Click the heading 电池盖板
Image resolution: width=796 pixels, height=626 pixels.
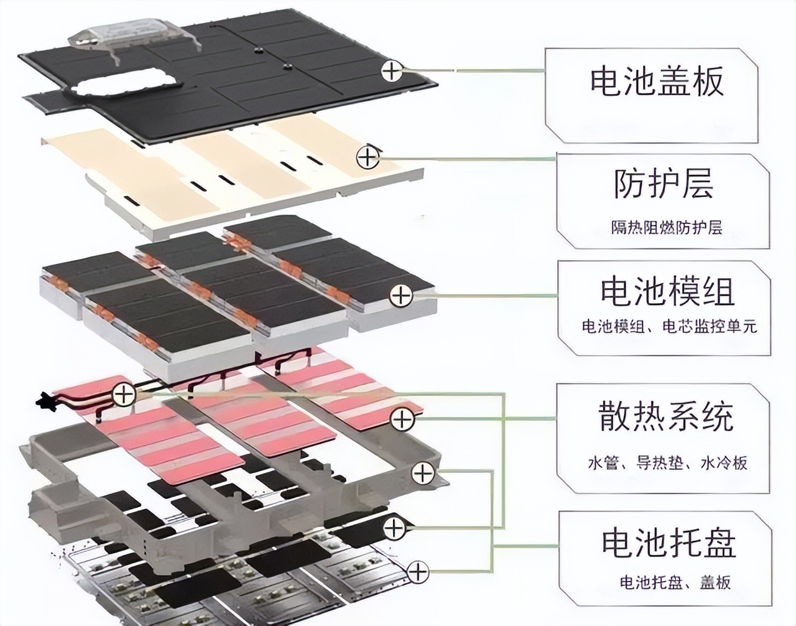point(657,82)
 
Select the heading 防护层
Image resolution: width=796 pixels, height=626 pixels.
point(663,184)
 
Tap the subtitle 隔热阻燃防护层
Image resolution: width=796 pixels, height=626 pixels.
point(666,227)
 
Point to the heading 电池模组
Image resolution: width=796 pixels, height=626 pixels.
point(667,292)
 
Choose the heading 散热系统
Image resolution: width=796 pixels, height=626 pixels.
point(666,416)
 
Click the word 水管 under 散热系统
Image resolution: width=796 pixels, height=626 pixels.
point(600,463)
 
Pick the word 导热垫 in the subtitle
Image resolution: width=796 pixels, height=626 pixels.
point(659,463)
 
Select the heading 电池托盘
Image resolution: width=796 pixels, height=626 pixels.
point(669,542)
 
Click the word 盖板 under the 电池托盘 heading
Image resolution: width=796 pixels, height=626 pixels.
point(715,582)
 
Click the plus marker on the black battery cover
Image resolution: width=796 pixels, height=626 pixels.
point(392,70)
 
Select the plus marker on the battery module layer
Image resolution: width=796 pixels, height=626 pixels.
point(401,295)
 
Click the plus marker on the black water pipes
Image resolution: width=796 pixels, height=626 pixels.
point(124,394)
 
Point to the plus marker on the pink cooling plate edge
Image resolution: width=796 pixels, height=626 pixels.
point(402,419)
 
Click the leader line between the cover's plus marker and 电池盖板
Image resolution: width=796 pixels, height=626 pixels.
point(473,70)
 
